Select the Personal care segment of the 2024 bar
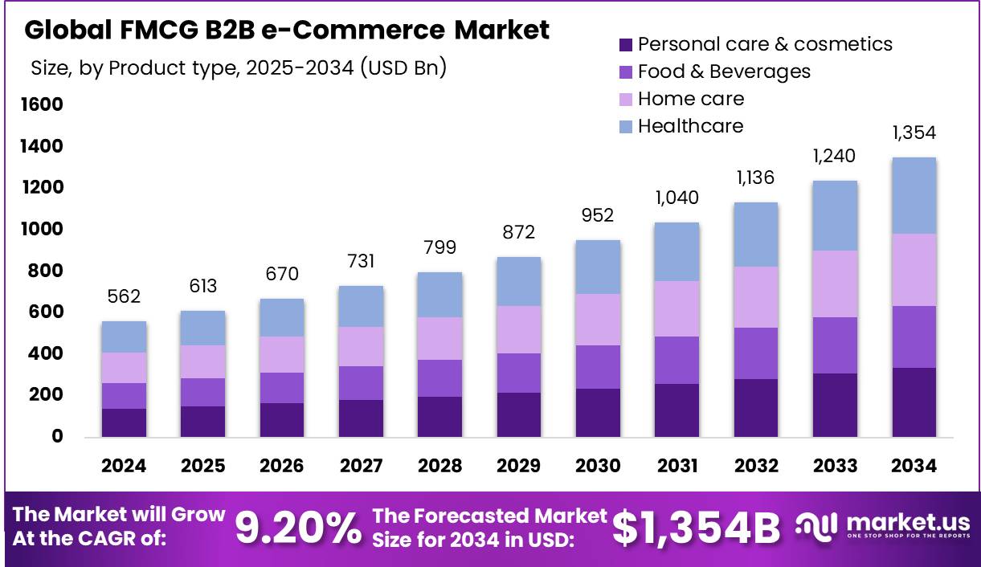coord(124,422)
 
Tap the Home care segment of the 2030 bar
coord(597,320)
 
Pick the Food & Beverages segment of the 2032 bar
coord(755,353)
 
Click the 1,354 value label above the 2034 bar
coord(913,133)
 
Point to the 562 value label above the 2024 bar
coord(124,296)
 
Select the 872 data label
coord(518,232)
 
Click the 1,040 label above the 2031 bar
coord(676,198)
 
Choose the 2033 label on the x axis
coord(834,466)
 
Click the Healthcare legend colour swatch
coord(626,126)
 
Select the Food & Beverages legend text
coord(724,71)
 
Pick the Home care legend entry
coord(690,99)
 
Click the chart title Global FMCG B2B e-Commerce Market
coord(287,30)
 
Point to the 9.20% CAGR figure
coord(298,528)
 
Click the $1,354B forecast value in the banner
coord(696,528)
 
